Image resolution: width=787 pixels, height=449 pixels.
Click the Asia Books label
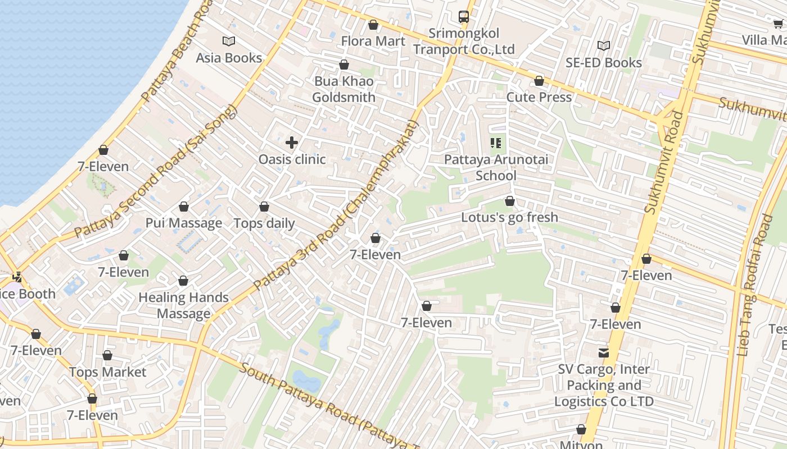point(229,58)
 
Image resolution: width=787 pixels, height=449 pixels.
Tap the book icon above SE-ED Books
point(604,45)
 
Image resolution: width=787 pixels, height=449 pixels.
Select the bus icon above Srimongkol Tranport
point(464,17)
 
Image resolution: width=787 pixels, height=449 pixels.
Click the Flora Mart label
point(373,41)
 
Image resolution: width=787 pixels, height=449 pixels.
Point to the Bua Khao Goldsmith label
point(343,89)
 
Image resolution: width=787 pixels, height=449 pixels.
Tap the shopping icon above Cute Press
point(539,81)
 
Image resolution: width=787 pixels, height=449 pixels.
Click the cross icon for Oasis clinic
point(292,143)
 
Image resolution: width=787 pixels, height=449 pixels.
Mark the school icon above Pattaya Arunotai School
point(496,143)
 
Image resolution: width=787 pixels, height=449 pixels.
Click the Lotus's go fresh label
point(510,217)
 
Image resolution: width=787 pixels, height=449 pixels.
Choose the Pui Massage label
point(184,223)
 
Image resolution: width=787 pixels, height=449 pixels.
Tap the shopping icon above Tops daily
point(264,207)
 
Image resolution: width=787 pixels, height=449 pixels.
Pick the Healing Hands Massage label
point(184,305)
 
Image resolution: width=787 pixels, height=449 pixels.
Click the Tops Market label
point(107,372)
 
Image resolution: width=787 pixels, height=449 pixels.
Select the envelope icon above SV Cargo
point(604,352)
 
